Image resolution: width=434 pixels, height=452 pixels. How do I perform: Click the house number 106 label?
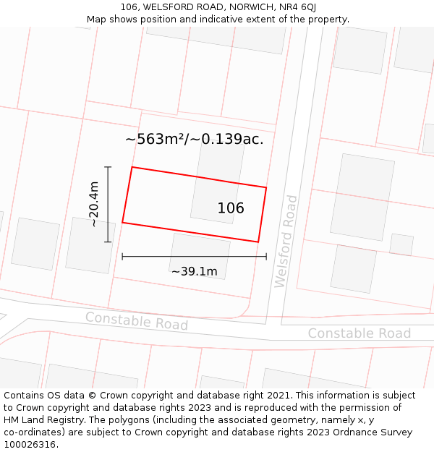tap(231, 208)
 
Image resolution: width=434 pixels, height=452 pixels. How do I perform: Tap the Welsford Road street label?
tap(286, 241)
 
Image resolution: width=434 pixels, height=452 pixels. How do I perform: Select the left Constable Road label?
tap(136, 321)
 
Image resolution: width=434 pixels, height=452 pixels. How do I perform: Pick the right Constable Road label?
tap(359, 333)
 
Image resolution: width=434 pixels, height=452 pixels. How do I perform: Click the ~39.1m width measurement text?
tap(194, 272)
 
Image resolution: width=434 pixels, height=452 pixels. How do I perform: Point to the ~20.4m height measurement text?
tap(93, 204)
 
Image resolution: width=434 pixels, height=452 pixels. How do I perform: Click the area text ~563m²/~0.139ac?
tap(194, 140)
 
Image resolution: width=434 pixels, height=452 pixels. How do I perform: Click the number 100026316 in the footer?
tap(29, 445)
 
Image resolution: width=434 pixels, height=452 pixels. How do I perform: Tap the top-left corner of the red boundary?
tap(132, 167)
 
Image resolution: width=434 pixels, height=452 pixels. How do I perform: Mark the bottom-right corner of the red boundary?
tap(258, 242)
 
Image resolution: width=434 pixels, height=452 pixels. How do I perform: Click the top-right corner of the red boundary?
tap(266, 188)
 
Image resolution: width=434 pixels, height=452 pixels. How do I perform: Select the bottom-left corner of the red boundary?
tap(122, 223)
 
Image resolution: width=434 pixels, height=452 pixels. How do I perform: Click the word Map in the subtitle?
tap(97, 20)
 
